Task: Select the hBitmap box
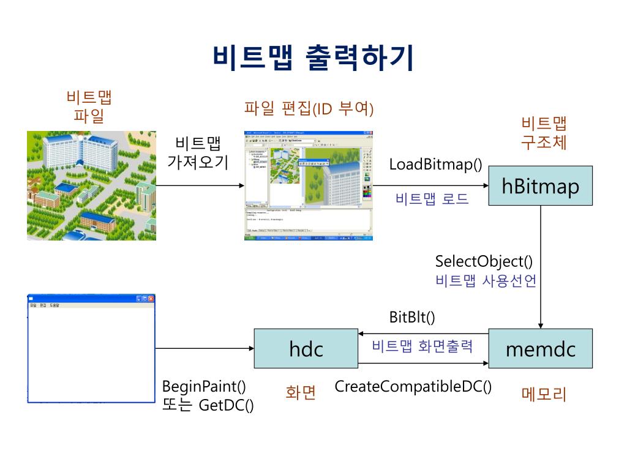540,185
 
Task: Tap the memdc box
540,349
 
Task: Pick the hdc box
306,349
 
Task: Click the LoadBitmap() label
435,165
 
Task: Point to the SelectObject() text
484,261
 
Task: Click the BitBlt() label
412,317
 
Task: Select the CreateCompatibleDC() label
413,387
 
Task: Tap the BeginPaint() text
204,387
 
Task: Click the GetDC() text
227,405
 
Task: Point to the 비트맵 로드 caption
432,199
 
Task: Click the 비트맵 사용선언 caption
486,281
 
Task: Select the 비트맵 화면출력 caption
422,346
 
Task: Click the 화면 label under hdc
301,392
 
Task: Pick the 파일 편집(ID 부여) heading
309,109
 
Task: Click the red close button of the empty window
151,299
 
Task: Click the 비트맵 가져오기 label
197,153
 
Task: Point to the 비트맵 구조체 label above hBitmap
544,133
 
